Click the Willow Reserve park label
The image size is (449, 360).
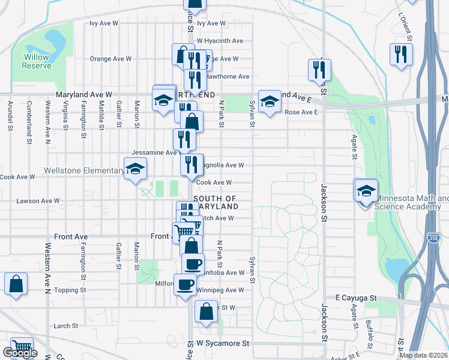pos(37,61)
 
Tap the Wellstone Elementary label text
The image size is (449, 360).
pos(83,171)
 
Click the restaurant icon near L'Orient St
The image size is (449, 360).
pos(399,55)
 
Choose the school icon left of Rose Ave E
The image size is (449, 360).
pos(270,100)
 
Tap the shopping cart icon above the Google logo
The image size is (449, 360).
pos(21,346)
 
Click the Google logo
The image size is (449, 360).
pos(20,353)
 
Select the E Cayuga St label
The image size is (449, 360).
pos(355,298)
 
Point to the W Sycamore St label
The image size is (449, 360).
pos(223,344)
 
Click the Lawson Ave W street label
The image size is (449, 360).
pos(38,201)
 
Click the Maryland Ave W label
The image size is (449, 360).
pos(84,95)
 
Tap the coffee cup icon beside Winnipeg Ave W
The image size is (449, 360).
pos(185,284)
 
